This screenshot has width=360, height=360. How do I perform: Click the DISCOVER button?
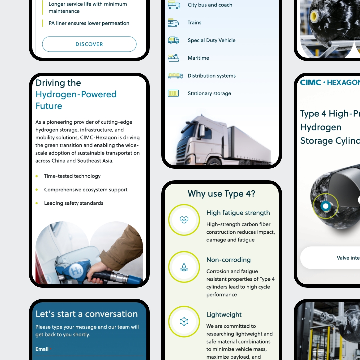point(89,44)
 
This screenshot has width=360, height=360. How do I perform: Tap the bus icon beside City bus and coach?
point(174,5)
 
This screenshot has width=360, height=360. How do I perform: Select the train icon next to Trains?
point(173,23)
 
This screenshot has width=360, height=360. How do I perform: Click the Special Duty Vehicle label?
point(211,40)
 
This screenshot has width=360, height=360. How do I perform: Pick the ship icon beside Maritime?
point(173,58)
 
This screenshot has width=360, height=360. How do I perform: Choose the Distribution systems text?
point(211,76)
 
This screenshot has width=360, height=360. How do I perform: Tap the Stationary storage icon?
point(173,93)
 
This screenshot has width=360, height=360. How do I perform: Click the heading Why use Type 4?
point(221,194)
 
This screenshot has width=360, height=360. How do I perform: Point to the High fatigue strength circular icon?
point(184,220)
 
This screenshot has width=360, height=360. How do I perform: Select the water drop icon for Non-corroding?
point(184,267)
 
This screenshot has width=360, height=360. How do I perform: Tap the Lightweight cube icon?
point(184,321)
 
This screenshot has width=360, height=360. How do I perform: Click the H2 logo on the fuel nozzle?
point(76,271)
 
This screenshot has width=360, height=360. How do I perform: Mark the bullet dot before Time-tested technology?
point(37,176)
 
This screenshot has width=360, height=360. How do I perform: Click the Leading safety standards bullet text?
point(73,203)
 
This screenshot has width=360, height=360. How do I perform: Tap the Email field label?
point(42,349)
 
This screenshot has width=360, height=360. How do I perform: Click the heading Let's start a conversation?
point(87,314)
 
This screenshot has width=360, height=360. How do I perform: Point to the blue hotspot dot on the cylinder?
point(325,206)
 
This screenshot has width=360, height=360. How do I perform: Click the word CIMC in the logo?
point(310,82)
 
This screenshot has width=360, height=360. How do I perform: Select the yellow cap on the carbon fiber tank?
point(314,16)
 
